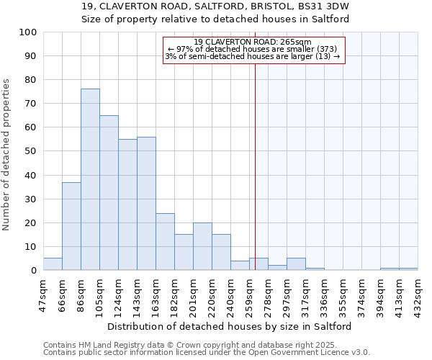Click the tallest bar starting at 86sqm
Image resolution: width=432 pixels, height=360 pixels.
(90, 179)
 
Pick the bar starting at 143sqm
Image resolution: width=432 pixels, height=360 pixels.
(146, 204)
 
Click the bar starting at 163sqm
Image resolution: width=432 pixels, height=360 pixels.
(165, 242)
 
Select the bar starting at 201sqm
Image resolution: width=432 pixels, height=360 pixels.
(202, 247)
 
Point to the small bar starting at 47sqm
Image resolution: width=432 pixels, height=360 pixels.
(53, 264)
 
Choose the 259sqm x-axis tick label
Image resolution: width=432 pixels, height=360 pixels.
(249, 294)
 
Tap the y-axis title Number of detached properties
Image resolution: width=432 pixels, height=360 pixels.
(7, 155)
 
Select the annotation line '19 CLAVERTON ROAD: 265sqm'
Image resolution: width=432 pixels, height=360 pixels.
(253, 42)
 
